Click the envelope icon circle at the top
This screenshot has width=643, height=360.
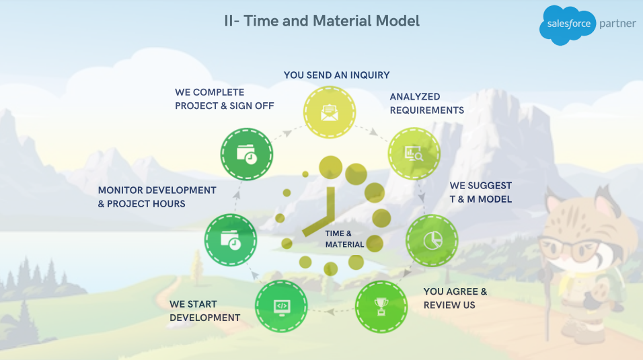pos(330,112)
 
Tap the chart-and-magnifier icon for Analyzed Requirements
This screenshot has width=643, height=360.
pos(414,154)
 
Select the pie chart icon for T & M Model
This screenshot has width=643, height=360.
pos(432,240)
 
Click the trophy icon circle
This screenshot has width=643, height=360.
pos(381,307)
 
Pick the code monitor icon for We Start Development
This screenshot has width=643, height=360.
pos(281,306)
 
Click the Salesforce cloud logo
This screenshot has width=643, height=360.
pos(568,25)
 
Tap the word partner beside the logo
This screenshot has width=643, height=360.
pos(617,24)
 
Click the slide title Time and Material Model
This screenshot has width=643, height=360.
pos(322,21)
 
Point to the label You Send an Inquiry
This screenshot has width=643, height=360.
pos(337,75)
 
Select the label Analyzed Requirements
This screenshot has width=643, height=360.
pos(427,104)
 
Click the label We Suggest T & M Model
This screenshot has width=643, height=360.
pos(481,192)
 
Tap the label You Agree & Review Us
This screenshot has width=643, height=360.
pos(455,298)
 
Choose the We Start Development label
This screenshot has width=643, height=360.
pos(204,311)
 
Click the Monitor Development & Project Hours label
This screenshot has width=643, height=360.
pos(157,197)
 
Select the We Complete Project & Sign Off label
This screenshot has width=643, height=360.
pos(225,99)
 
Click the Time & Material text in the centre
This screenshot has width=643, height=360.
pos(344,239)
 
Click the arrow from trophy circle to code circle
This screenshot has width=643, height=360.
pos(332,311)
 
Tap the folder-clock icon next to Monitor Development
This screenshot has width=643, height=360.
pos(231,240)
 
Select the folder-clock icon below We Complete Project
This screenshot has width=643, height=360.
pos(247,154)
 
